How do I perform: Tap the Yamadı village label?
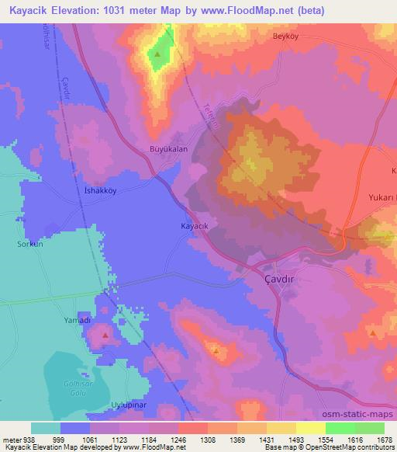point(77,319)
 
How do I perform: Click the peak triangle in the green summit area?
point(158,55)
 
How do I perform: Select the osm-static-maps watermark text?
point(359,415)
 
